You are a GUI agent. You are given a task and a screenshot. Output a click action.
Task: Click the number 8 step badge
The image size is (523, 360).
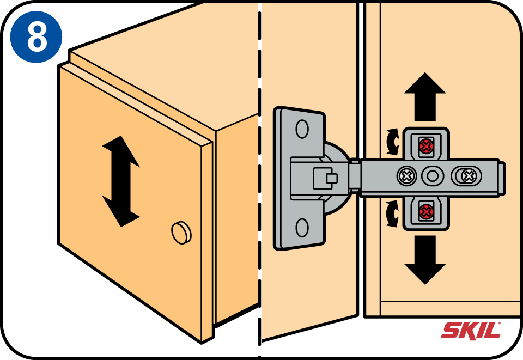[x=36, y=36]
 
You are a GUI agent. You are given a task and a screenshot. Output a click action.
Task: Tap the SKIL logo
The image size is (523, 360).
[x=471, y=330]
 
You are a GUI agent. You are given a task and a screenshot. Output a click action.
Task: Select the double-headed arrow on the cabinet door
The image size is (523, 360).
[x=120, y=181]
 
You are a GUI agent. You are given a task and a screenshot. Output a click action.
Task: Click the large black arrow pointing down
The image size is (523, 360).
[x=425, y=260]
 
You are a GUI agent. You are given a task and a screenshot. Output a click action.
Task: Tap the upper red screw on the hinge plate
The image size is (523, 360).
[x=426, y=145]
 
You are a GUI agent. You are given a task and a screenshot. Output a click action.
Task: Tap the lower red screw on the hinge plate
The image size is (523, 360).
[x=426, y=210]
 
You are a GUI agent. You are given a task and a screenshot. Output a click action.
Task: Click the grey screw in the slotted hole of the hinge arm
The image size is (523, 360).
[x=467, y=175]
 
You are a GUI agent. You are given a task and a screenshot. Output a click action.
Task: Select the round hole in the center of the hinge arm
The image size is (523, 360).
[x=433, y=175]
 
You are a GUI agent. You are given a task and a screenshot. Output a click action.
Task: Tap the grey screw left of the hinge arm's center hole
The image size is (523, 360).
[x=405, y=175]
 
